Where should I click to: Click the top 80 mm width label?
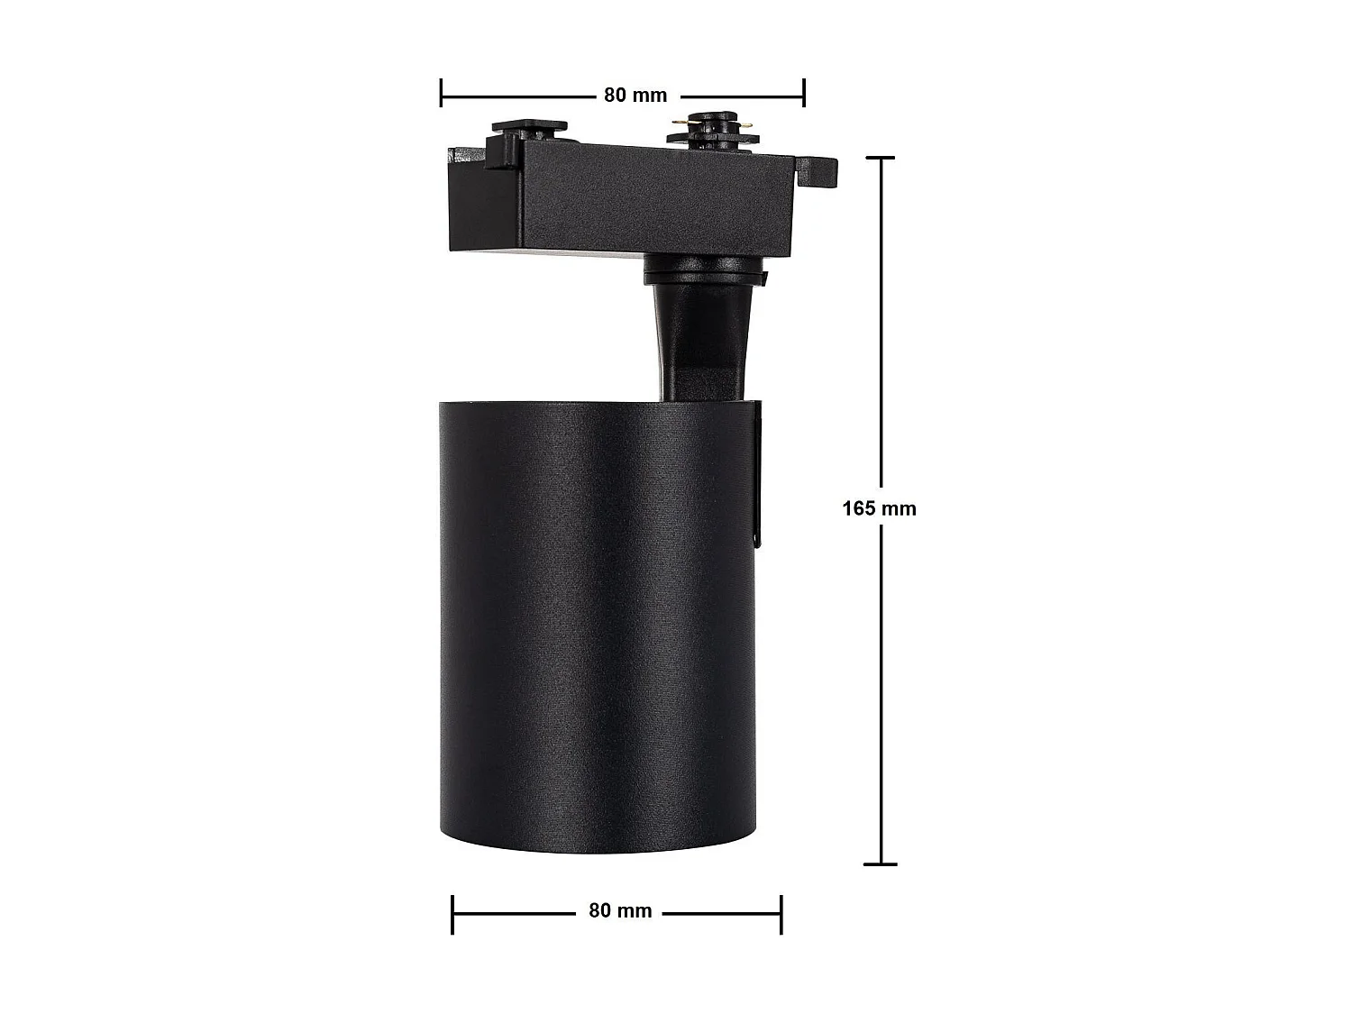tap(635, 95)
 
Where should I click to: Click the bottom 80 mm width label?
tap(620, 910)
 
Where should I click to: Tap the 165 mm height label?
tap(879, 508)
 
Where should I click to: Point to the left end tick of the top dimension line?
tap(442, 93)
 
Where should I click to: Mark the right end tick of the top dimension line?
tap(803, 93)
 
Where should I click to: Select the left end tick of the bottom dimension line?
tap(452, 914)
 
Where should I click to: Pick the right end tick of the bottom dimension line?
tap(781, 914)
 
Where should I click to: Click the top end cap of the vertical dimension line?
tap(881, 158)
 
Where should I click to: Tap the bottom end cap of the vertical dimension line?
tap(881, 863)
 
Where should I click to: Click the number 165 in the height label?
tap(859, 508)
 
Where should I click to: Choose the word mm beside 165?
tap(899, 508)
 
